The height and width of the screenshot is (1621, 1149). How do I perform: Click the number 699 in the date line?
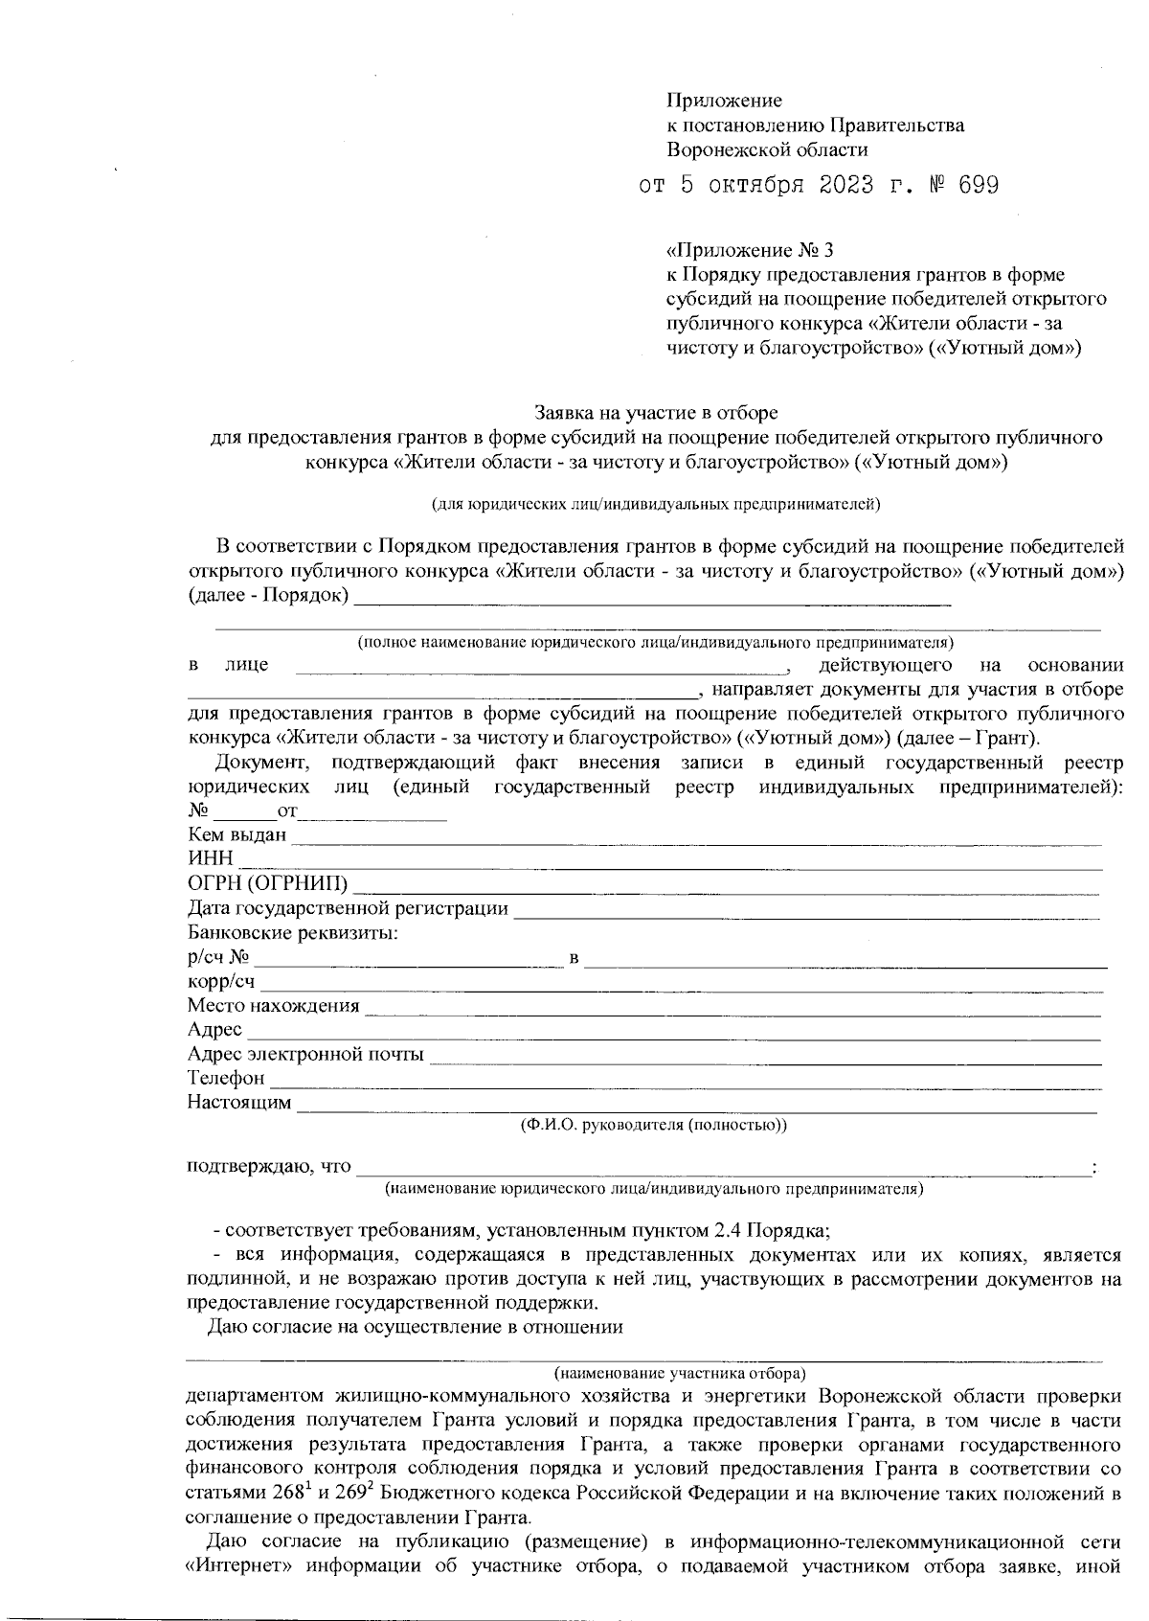[978, 186]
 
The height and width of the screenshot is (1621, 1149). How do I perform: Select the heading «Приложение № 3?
[750, 251]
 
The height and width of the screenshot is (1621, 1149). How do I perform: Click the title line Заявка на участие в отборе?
[655, 413]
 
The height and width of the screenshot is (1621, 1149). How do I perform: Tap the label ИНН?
[210, 858]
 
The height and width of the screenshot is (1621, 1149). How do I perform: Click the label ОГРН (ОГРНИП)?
[268, 882]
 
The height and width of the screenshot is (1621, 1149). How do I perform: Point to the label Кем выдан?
[237, 834]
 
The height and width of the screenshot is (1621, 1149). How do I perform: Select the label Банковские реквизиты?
[293, 931]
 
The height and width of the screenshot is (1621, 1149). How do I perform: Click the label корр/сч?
[221, 981]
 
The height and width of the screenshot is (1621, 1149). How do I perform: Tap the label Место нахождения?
[273, 1005]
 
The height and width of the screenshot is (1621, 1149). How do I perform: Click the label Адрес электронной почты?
[305, 1055]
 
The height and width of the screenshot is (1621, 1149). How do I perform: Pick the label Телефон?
[226, 1079]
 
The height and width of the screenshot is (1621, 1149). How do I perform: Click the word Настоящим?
[239, 1103]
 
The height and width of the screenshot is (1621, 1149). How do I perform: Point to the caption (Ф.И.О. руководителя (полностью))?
[653, 1125]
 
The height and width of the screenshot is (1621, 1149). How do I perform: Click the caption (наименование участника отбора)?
[680, 1372]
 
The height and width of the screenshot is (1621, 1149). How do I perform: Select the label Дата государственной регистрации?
[348, 907]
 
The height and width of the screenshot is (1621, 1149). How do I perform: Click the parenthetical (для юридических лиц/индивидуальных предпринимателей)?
[655, 502]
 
